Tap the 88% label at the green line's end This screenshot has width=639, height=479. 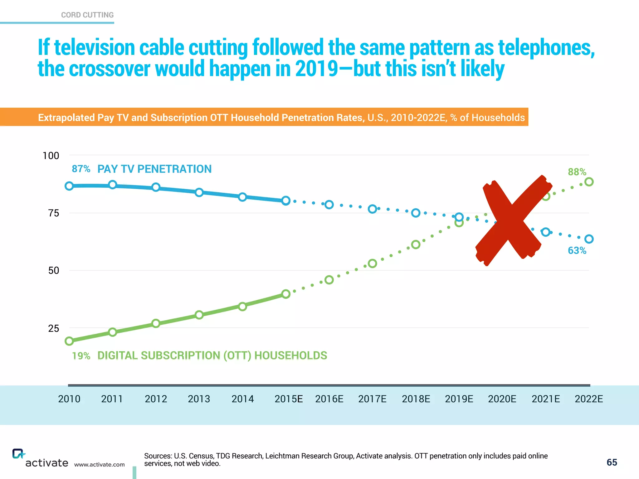(577, 172)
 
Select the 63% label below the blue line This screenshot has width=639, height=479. (577, 250)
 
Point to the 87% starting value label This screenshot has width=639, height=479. (81, 169)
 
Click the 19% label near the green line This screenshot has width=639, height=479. (81, 356)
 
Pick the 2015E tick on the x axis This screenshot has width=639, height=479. (289, 399)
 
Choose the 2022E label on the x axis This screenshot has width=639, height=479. (589, 399)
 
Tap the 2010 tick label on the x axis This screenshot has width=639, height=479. (69, 399)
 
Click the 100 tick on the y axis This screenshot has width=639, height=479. (51, 156)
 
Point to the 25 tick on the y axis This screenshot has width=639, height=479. (54, 328)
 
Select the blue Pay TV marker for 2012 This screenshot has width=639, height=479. (156, 187)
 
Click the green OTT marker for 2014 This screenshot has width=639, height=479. (242, 307)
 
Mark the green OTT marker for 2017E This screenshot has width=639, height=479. (372, 264)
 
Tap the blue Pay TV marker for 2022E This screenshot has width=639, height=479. (589, 239)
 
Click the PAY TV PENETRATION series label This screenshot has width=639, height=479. (154, 169)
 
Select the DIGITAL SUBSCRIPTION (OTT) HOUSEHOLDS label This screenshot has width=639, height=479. (212, 356)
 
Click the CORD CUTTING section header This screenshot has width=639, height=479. (87, 15)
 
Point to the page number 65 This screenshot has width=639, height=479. (612, 462)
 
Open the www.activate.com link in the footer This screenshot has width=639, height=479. (99, 465)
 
